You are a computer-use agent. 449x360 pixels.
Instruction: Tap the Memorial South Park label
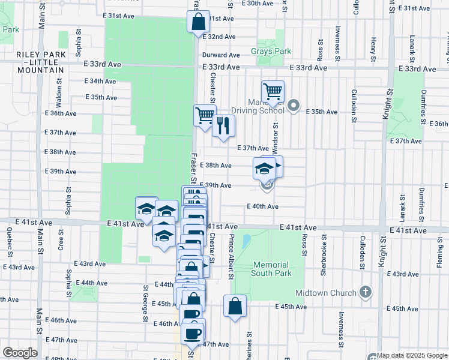pos(272,269)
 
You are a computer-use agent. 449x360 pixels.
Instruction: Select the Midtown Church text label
pos(327,293)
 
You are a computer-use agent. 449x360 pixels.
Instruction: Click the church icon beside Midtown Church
pos(366,293)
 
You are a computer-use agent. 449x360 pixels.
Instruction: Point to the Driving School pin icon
pos(294,106)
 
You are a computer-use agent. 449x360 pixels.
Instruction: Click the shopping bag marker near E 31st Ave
pos(199,23)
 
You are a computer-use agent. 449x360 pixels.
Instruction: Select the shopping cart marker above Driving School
pos(273,92)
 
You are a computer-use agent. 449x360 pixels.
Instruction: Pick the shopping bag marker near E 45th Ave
pos(235,306)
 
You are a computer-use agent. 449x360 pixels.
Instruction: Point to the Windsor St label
pos(276,138)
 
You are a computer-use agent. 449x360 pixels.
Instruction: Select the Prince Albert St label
pos(230,257)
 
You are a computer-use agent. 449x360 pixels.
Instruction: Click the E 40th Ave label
pos(262,206)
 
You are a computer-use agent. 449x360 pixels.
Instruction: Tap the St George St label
pos(145,304)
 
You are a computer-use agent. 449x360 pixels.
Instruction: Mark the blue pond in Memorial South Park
pos(246,243)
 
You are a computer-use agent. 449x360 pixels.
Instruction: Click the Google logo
pos(20,353)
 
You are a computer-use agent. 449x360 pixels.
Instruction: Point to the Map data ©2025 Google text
pos(410,355)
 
